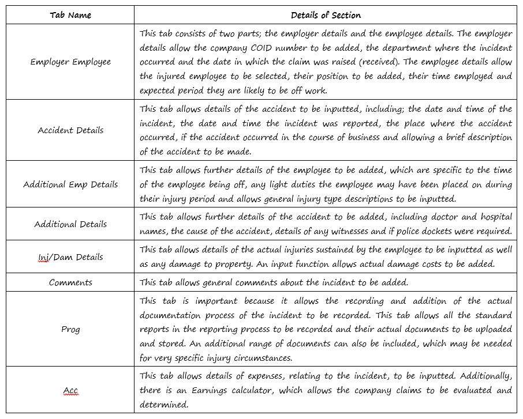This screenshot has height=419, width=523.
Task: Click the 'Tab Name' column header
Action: pyautogui.click(x=70, y=15)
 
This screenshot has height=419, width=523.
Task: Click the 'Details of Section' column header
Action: pyautogui.click(x=326, y=15)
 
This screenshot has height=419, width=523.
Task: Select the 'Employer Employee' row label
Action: pyautogui.click(x=70, y=62)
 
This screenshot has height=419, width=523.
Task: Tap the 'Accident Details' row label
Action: pyautogui.click(x=70, y=130)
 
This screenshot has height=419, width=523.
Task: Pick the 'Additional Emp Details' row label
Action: pyautogui.click(x=70, y=184)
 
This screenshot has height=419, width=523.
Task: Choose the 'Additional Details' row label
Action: pyautogui.click(x=70, y=224)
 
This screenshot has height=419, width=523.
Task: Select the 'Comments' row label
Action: pyautogui.click(x=70, y=282)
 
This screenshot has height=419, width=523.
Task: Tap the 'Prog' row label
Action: pyautogui.click(x=70, y=330)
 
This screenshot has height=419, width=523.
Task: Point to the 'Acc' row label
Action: pyautogui.click(x=70, y=391)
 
